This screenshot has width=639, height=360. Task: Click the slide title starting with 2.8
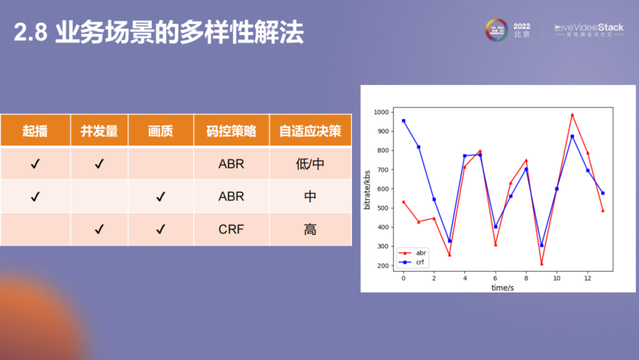159,34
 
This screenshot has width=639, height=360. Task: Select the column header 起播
35,131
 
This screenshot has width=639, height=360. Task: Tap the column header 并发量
99,131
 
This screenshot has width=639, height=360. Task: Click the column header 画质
160,131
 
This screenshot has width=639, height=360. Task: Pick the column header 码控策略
231,131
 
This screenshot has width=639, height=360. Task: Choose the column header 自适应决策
310,131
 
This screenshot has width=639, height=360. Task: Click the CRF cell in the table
231,229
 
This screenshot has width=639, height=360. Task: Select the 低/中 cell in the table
310,164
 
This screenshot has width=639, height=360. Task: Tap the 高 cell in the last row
310,229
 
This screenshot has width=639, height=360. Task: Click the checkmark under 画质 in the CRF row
160,229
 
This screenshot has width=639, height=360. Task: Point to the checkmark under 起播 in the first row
35,164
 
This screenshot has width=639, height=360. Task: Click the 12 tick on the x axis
587,278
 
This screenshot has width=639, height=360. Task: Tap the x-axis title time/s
502,287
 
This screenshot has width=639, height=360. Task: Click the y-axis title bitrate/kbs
367,188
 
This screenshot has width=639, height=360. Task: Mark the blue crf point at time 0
404,121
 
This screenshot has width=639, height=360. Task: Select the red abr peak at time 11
572,114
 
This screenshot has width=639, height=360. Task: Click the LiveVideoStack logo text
589,28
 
